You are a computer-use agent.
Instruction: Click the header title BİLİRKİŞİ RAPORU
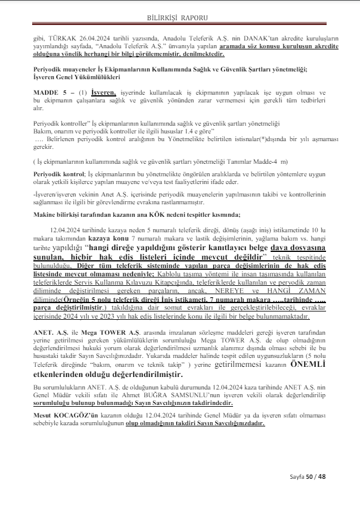(180, 18)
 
